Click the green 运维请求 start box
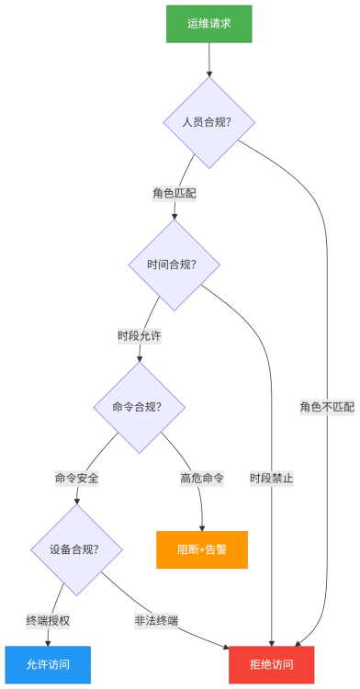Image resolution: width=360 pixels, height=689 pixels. click(x=208, y=24)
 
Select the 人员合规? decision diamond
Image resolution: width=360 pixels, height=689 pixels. click(x=208, y=121)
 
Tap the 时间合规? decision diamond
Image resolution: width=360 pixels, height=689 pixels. click(x=174, y=264)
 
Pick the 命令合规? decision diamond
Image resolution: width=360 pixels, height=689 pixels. click(x=139, y=406)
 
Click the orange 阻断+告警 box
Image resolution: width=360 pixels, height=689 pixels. click(x=202, y=549)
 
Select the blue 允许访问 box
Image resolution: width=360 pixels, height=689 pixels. click(x=48, y=664)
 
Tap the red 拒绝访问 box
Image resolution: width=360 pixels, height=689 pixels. click(x=271, y=664)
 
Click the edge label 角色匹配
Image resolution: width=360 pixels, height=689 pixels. click(x=174, y=194)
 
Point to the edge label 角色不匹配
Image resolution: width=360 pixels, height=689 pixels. click(x=327, y=406)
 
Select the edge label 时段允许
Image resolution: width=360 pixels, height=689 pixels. click(x=140, y=336)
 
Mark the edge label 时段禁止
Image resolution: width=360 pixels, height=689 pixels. click(x=272, y=479)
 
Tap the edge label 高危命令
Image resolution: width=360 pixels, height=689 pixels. click(x=202, y=479)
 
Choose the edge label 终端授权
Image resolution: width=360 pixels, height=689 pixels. click(x=48, y=620)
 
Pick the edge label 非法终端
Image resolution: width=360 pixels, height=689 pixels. click(x=156, y=620)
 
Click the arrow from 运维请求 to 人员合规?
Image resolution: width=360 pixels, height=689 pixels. click(x=208, y=59)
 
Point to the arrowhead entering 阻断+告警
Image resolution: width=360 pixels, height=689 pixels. click(x=202, y=525)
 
